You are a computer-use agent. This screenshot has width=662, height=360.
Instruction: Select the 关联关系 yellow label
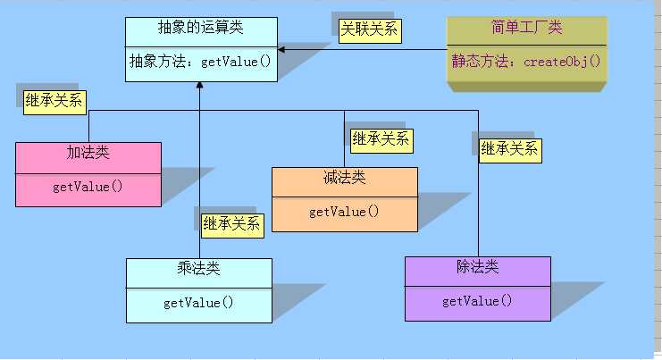[x=369, y=29]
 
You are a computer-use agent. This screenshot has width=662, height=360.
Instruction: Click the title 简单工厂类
[x=526, y=28]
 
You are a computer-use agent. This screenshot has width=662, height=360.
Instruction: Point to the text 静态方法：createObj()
[x=526, y=63]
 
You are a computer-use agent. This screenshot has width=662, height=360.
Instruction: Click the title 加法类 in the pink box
[x=88, y=153]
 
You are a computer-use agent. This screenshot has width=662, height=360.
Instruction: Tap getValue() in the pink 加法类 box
[x=88, y=186]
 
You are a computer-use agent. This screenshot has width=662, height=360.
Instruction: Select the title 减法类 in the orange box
[x=344, y=178]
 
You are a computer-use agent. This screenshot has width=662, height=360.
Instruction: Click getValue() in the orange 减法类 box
[x=344, y=212]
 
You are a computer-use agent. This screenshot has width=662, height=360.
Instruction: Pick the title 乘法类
[x=198, y=268]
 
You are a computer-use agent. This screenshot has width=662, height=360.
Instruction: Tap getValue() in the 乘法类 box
[x=198, y=302]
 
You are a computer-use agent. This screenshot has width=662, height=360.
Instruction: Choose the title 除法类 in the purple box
[x=477, y=266]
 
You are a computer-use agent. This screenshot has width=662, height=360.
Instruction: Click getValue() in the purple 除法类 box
[x=477, y=300]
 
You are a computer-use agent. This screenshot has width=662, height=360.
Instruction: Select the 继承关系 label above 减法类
[x=381, y=138]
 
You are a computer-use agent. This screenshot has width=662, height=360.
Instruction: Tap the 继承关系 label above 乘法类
[x=231, y=223]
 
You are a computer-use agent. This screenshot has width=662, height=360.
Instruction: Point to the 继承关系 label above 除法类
[x=509, y=148]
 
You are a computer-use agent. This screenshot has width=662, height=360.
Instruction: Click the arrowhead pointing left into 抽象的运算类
[x=281, y=49]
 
